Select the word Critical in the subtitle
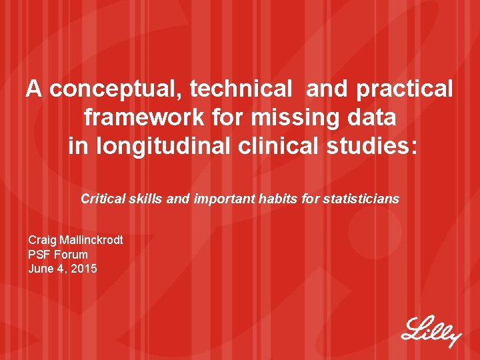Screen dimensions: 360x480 102,198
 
